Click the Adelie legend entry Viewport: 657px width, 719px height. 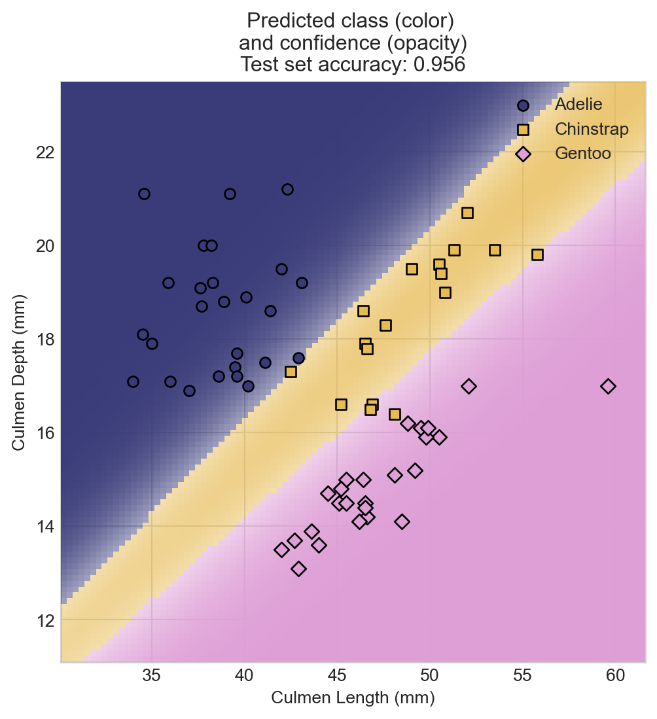pos(578,104)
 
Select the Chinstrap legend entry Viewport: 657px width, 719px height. pos(591,129)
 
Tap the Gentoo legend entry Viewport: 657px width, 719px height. pos(582,154)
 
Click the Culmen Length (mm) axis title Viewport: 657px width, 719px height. pos(353,699)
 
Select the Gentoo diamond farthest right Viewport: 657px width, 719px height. pos(608,387)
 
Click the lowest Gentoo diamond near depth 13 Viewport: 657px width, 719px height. pos(298,569)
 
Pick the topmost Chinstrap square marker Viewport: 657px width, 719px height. pos(467,213)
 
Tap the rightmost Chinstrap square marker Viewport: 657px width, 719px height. pos(537,254)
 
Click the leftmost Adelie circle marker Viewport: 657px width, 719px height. pos(133,381)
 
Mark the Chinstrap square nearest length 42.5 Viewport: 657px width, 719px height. pos(291,372)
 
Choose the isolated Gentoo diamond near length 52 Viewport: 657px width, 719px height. pos(469,387)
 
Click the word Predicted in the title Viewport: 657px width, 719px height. pos(281,21)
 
